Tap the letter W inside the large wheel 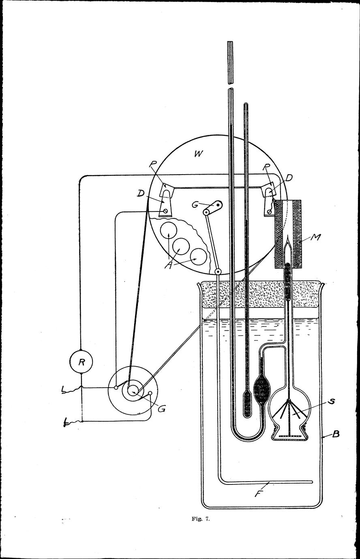pyautogui.click(x=199, y=154)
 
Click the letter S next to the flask pyautogui.click(x=332, y=401)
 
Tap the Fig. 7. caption pyautogui.click(x=201, y=533)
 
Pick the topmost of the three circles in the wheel pyautogui.click(x=168, y=230)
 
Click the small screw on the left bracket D pyautogui.click(x=165, y=211)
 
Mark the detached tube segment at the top pyautogui.click(x=230, y=62)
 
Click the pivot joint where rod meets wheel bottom pyautogui.click(x=219, y=271)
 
